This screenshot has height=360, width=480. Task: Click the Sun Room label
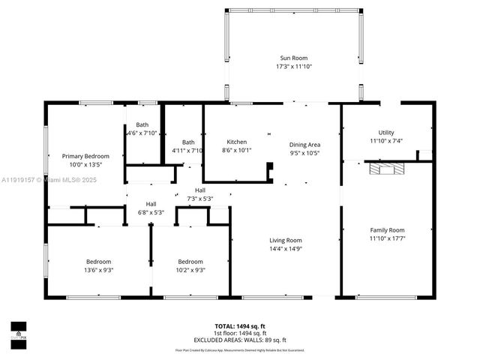point(294,58)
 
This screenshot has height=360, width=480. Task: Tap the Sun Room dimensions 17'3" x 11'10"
point(294,67)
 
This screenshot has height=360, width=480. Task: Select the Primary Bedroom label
point(85,156)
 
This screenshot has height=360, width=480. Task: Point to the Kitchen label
point(237,142)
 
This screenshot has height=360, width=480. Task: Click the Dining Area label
point(304,144)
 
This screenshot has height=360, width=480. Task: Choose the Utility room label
point(386,132)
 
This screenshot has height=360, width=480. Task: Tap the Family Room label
point(387,230)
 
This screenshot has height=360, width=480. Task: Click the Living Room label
point(286,240)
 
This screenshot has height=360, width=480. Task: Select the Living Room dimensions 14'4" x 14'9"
point(286,249)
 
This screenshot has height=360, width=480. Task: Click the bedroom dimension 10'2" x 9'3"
point(190,270)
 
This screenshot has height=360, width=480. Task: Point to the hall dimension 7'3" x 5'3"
point(200,199)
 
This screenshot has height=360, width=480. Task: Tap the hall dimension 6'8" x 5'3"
point(151,212)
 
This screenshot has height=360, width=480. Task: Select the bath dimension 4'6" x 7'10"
point(142,133)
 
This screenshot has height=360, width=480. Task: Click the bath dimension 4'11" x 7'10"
point(188,151)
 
